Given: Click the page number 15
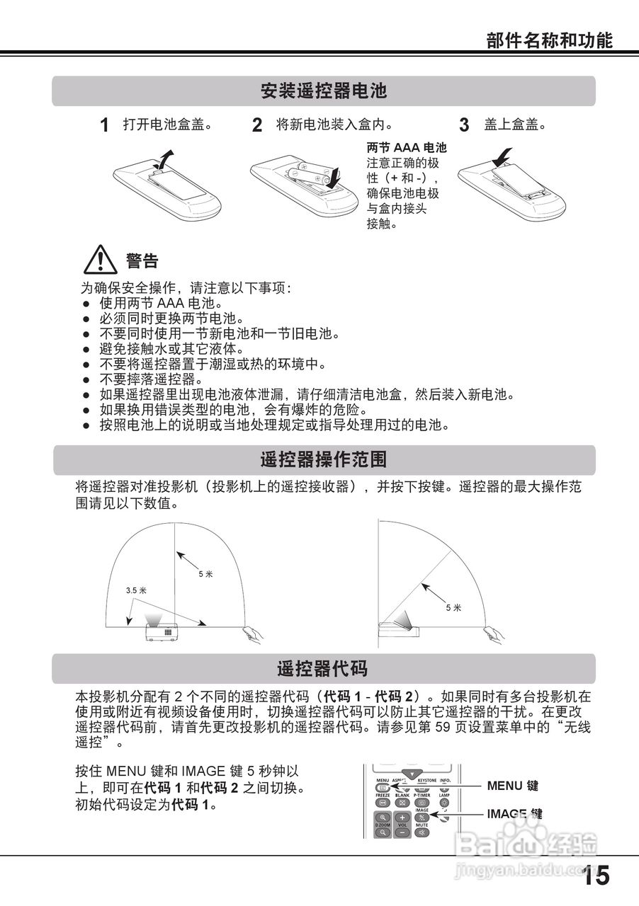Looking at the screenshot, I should [x=596, y=876].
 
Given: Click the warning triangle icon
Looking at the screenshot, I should [x=100, y=260].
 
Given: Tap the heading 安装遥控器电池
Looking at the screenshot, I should [x=324, y=91].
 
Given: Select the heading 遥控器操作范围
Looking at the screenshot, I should [x=324, y=460].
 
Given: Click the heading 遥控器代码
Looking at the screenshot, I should [x=322, y=669].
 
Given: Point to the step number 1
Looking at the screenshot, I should [x=104, y=126].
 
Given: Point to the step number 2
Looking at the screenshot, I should [x=257, y=126].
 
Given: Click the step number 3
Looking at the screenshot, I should [x=464, y=126].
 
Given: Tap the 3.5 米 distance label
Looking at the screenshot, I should [x=136, y=590].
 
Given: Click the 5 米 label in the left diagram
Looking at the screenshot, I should [x=205, y=574].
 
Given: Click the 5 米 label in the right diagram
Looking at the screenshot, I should [x=453, y=607].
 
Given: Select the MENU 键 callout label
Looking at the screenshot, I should [x=513, y=786].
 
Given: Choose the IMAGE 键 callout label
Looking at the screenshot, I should [x=514, y=814].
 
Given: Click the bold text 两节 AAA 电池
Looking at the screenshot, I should [x=407, y=148].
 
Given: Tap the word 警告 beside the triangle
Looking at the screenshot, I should [x=142, y=261].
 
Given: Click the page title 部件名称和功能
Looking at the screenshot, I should [x=549, y=40].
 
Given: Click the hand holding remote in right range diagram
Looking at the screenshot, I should [x=494, y=633].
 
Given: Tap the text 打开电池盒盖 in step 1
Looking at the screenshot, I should [x=168, y=125].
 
